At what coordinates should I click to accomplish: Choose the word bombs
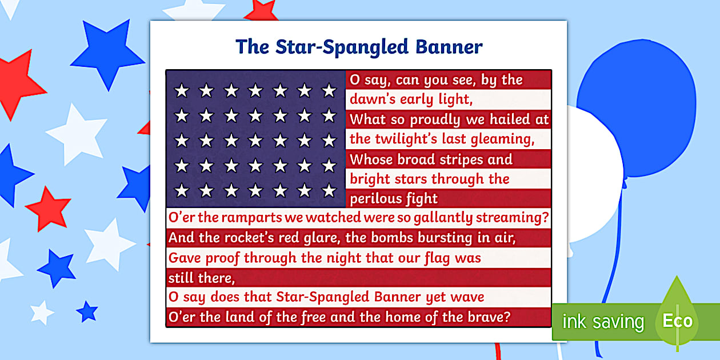[395, 237]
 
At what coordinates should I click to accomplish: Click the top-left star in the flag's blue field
[182, 90]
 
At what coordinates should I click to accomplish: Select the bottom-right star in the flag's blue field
[329, 190]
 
